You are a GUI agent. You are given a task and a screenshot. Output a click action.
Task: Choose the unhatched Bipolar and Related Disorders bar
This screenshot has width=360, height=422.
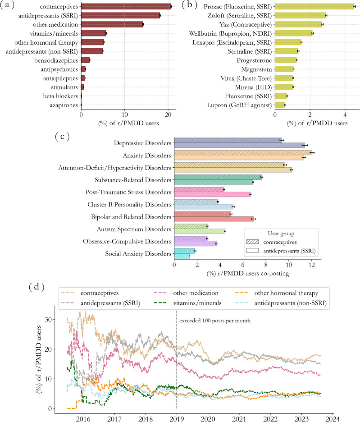tap(214, 219)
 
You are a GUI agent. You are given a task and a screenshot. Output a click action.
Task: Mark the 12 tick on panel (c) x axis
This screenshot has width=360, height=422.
tap(312, 266)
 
